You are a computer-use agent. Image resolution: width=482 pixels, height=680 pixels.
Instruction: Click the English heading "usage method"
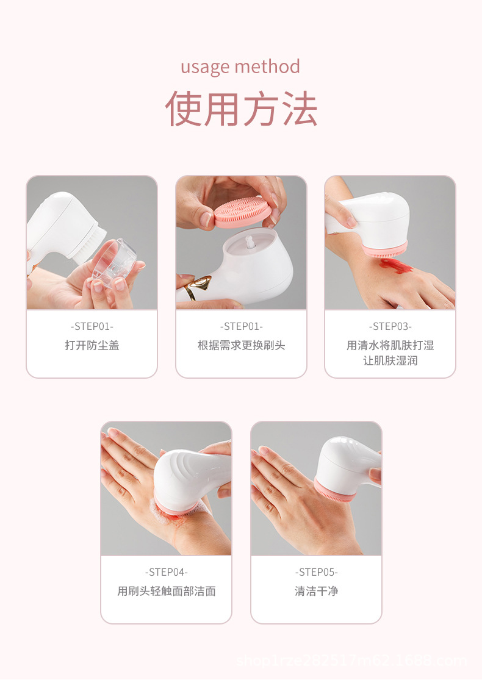pos(240,66)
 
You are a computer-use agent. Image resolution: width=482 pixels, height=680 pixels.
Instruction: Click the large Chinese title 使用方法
pos(241,109)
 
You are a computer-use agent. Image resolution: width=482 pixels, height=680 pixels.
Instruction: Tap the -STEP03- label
pos(390,326)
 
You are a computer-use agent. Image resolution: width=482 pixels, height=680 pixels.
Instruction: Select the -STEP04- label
pos(166,572)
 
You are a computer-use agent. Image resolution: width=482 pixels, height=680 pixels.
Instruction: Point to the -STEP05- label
pos(316,572)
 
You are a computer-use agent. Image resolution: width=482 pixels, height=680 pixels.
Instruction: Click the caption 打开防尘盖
pos(92,345)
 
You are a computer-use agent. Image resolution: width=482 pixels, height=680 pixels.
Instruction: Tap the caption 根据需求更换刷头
pos(241,345)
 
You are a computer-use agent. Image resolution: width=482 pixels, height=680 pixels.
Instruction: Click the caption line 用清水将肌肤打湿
pos(390,345)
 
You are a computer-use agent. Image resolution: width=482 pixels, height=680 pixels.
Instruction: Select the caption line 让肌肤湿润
pos(390,360)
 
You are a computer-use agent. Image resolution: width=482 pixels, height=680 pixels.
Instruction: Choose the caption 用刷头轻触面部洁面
pos(166,591)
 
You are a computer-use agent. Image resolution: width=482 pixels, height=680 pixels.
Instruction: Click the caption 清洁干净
pos(316,591)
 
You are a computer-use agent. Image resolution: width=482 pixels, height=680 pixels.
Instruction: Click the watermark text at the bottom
pos(351,661)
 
